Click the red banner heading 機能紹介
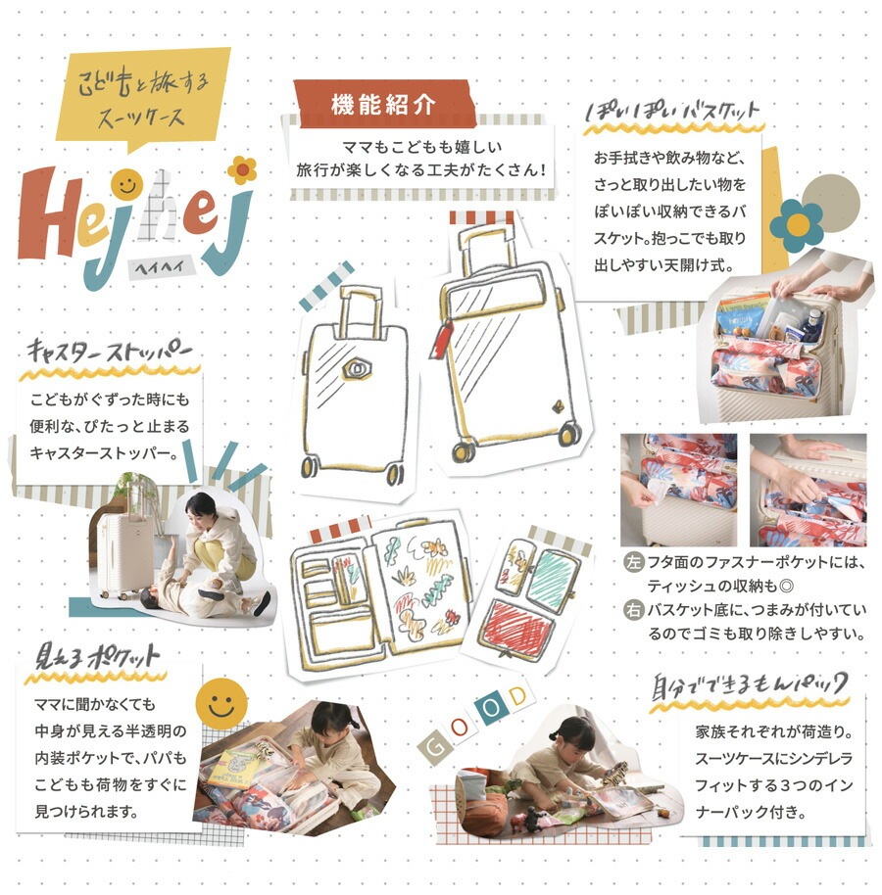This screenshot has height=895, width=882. tap(384, 104)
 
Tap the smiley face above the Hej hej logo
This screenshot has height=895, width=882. tap(126, 184)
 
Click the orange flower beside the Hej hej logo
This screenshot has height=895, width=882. tap(242, 169)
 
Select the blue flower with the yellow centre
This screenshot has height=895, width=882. tap(797, 225)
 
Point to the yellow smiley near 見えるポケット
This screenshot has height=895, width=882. tap(221, 704)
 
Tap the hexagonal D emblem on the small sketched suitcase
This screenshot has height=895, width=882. tap(357, 369)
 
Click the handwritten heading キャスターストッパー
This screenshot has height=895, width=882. tap(109, 351)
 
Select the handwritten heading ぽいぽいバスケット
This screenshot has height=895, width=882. tap(671, 111)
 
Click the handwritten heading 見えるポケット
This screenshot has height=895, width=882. tap(97, 657)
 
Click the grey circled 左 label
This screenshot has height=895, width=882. tap(633, 562)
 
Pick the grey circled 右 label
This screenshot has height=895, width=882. tap(633, 610)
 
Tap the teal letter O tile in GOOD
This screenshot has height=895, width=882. tap(491, 707)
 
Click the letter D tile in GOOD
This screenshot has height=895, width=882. tap(517, 696)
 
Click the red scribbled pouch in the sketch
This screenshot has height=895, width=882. tap(516, 629)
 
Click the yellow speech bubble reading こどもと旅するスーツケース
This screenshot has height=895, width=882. tap(143, 97)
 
